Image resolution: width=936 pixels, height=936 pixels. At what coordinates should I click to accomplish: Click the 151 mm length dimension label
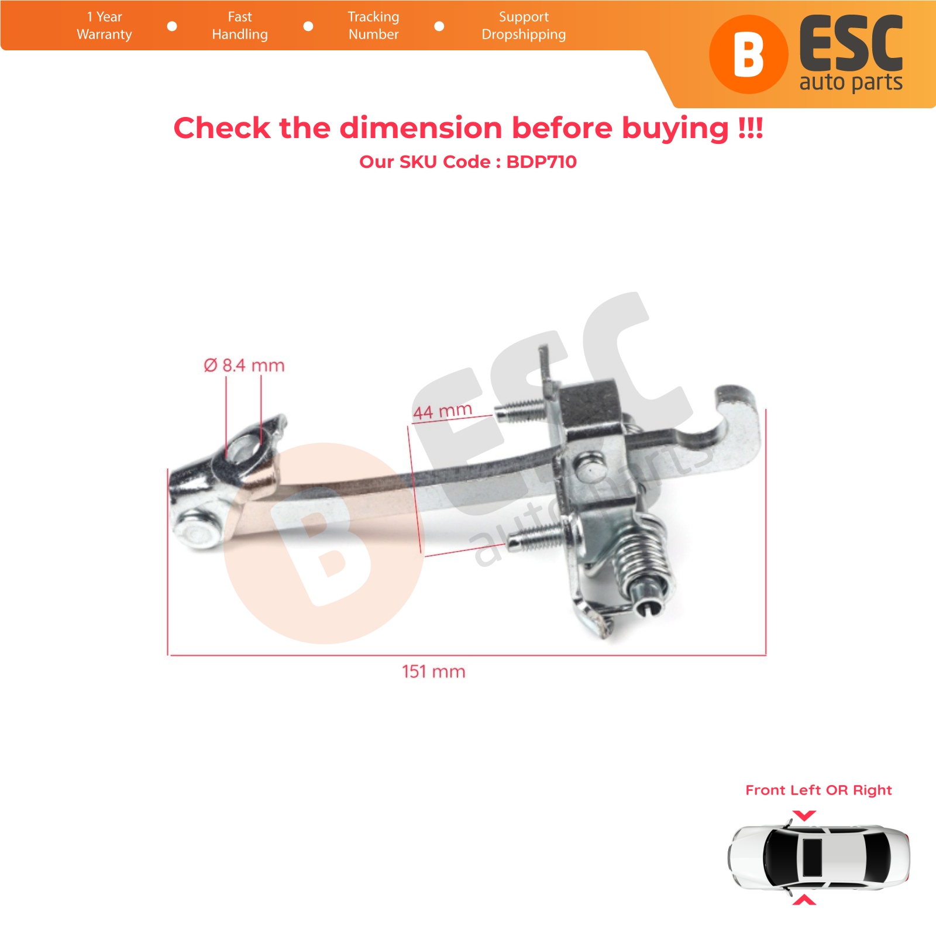433,671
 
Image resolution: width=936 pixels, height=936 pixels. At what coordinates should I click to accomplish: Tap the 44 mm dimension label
442,411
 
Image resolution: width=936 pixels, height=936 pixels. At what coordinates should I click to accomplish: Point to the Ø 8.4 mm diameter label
244,366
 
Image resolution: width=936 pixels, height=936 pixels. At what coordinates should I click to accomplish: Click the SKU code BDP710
541,161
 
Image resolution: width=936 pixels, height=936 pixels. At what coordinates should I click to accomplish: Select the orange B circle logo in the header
749,54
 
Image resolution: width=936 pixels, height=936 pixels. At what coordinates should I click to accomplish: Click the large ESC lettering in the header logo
851,44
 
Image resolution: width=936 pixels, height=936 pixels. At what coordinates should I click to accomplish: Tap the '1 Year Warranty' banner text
104,26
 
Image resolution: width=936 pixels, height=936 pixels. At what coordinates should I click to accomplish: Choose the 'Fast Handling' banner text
240,26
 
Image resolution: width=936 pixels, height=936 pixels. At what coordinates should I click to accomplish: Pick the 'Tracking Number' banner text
373,26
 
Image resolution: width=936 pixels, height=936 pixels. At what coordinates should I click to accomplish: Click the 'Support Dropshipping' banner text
524,26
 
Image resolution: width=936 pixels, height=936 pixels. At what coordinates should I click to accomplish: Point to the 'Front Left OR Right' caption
818,790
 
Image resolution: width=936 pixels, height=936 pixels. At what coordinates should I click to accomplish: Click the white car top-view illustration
819,858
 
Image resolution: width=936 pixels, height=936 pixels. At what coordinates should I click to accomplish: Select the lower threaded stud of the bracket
535,537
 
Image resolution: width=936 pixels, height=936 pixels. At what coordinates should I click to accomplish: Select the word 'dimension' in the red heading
421,128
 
